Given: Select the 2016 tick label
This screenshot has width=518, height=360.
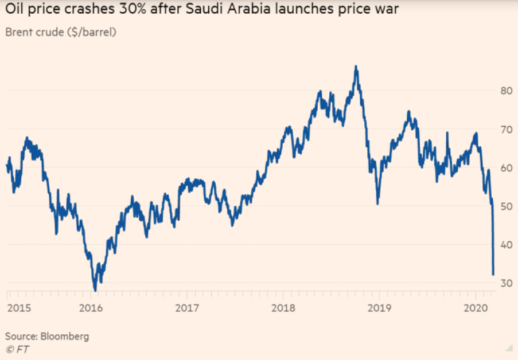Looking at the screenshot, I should pos(91,308).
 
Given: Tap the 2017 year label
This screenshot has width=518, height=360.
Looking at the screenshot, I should pos(188,308).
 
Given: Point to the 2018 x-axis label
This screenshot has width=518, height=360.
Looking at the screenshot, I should pos(284,308).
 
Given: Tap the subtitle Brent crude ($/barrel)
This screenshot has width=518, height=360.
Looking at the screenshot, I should pos(61,32).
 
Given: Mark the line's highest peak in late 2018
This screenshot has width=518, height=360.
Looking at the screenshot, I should pos(356,66).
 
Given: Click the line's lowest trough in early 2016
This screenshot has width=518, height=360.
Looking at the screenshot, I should pos(95,290).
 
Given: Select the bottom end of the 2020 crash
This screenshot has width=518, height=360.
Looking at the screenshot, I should pos(493,274).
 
